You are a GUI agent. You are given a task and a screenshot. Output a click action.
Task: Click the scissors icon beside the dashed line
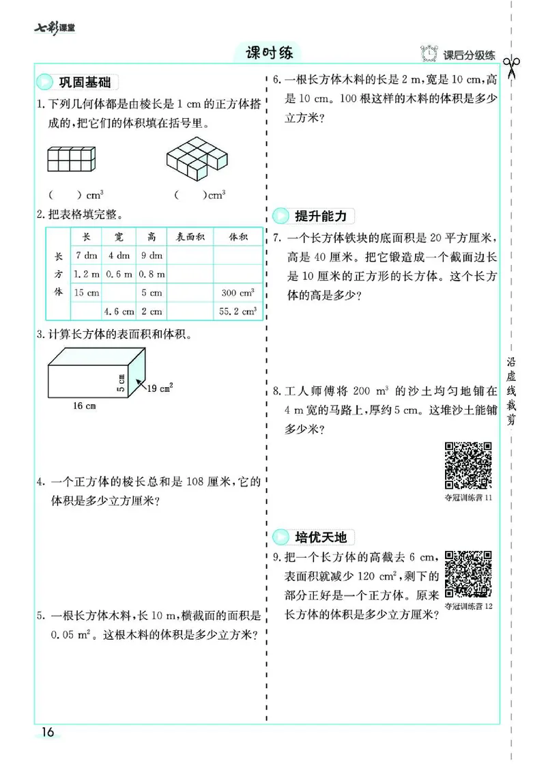[511, 68]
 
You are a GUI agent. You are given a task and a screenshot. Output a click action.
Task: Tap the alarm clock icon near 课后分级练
[429, 54]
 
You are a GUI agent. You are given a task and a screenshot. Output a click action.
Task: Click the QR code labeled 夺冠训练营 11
[468, 466]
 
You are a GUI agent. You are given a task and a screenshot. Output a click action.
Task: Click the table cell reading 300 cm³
[238, 293]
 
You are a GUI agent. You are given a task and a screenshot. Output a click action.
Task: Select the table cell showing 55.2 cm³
[238, 311]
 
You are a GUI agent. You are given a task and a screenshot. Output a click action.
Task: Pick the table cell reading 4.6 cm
[119, 311]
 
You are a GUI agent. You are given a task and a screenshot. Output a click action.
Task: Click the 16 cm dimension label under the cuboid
[84, 406]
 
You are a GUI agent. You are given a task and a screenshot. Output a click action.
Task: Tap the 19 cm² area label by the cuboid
[160, 388]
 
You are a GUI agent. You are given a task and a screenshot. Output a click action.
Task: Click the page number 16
[47, 733]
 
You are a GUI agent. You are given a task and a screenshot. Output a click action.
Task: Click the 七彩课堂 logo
[55, 28]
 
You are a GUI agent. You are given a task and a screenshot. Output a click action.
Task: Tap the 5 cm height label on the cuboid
[122, 383]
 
